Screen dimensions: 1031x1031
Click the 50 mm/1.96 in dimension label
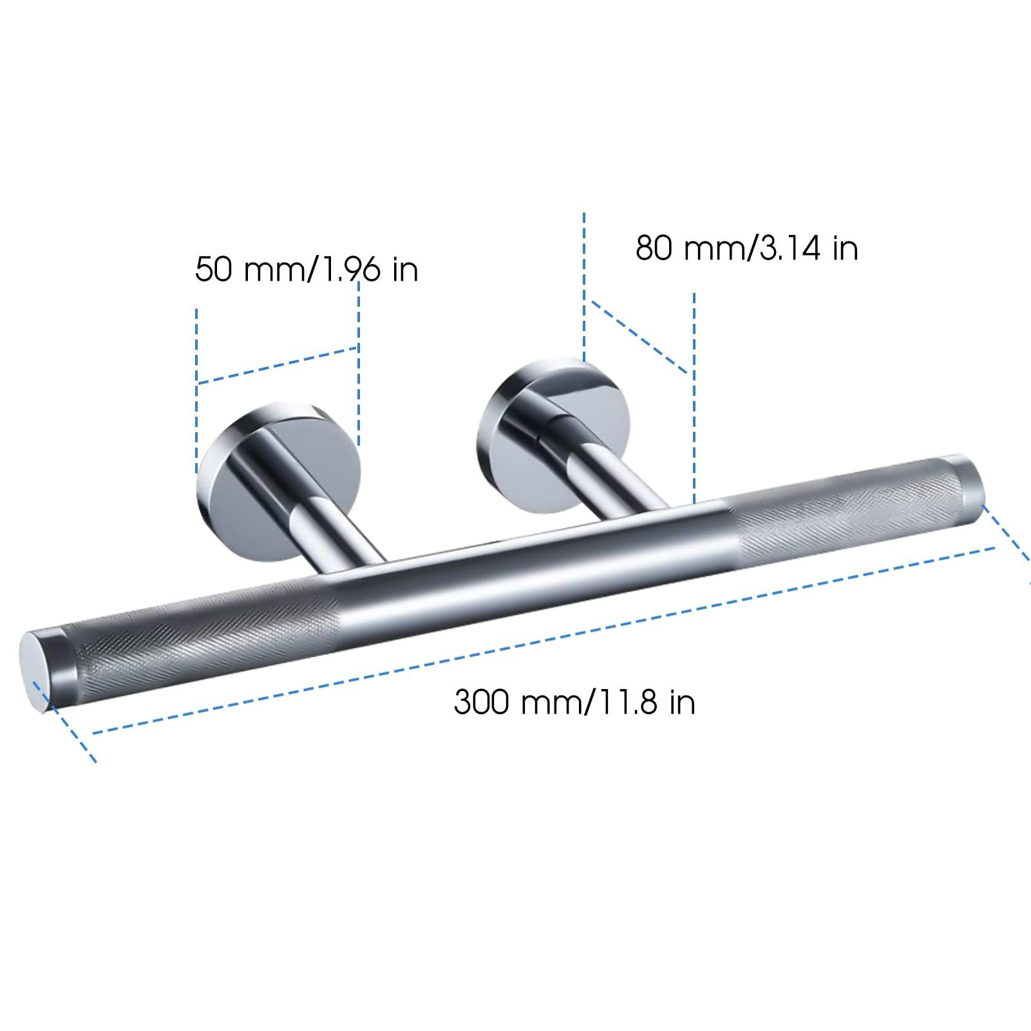click(x=307, y=269)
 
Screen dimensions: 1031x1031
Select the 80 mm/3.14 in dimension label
click(x=746, y=247)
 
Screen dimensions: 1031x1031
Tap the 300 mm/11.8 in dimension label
click(x=574, y=701)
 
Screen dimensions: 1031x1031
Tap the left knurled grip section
click(x=193, y=634)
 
